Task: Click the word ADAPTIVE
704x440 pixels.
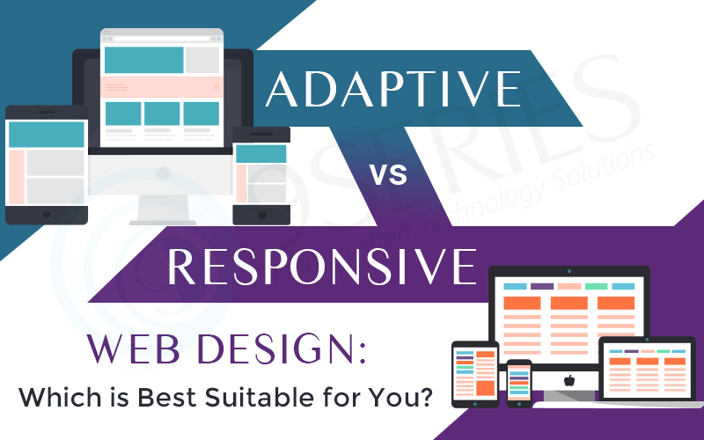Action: coord(392,90)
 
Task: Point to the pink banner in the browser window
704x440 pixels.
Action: coord(161,86)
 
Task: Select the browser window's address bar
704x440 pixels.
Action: coord(161,38)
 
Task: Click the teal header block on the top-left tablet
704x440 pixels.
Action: coord(47,135)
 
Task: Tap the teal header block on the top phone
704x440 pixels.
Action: coord(260,154)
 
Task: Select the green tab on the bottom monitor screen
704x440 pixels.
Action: coord(596,287)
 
